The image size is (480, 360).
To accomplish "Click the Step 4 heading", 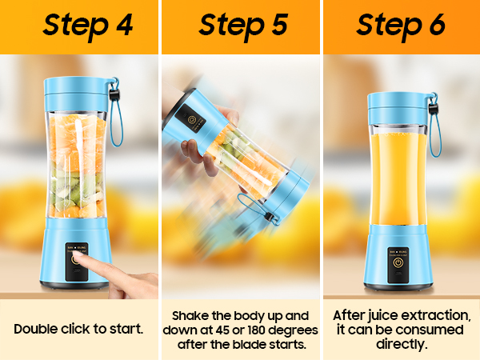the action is point(88,26).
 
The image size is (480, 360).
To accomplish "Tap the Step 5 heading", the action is point(243,26).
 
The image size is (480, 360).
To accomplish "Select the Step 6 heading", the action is point(401,26).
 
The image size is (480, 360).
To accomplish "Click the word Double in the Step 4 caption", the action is point(36,329).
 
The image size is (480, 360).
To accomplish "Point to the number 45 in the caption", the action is point(223,330).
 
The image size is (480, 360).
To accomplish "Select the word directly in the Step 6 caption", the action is point(401,344).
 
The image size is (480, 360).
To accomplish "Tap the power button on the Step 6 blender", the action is point(398,262).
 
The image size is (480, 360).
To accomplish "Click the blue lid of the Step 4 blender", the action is point(77,94).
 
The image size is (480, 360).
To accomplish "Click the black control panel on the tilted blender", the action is point(190,119).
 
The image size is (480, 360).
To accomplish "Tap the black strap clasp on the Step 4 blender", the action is point(115,94).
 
